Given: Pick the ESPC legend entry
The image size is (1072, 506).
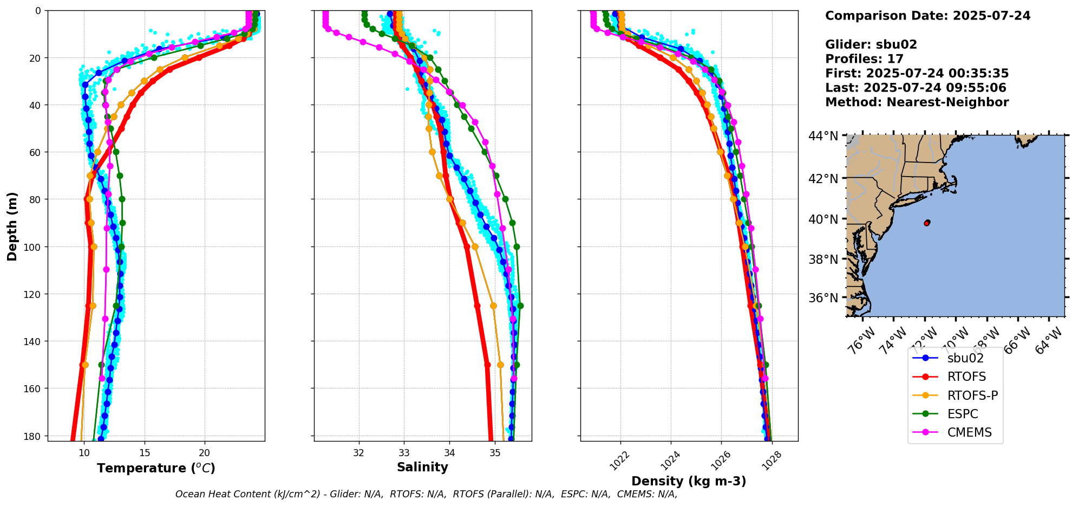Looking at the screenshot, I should [962, 414].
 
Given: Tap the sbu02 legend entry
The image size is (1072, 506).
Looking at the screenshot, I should [965, 358].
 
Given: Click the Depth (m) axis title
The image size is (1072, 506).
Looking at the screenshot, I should [12, 226].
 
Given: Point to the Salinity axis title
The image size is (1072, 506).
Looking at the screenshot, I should [422, 468].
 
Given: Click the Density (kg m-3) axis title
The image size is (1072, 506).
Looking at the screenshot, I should [689, 481].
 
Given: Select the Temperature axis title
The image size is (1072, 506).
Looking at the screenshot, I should [156, 468].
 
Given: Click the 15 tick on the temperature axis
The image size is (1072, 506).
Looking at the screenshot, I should [145, 453].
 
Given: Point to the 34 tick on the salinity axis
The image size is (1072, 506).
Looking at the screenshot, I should [449, 453].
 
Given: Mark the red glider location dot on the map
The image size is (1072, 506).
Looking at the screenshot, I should [927, 223].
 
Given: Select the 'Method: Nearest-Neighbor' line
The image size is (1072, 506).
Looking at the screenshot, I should [917, 102].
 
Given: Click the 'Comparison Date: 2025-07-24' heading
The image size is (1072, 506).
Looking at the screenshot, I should [927, 16].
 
